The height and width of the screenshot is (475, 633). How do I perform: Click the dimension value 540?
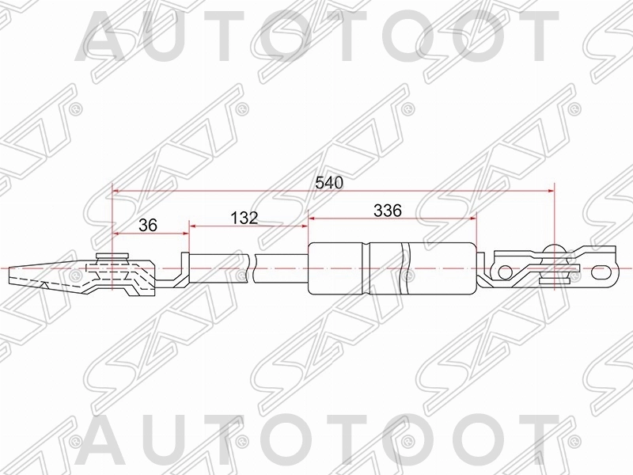pyautogui.click(x=328, y=182)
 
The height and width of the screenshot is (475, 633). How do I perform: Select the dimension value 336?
pyautogui.click(x=389, y=211)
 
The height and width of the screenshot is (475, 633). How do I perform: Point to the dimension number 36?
pyautogui.click(x=148, y=225)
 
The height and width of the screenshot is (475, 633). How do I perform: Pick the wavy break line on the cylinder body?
pyautogui.click(x=406, y=265)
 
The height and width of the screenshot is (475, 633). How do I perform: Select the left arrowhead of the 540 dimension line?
pyautogui.click(x=116, y=191)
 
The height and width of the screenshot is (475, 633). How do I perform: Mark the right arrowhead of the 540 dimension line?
pyautogui.click(x=549, y=191)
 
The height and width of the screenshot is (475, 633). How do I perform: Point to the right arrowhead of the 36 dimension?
pyautogui.click(x=186, y=233)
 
